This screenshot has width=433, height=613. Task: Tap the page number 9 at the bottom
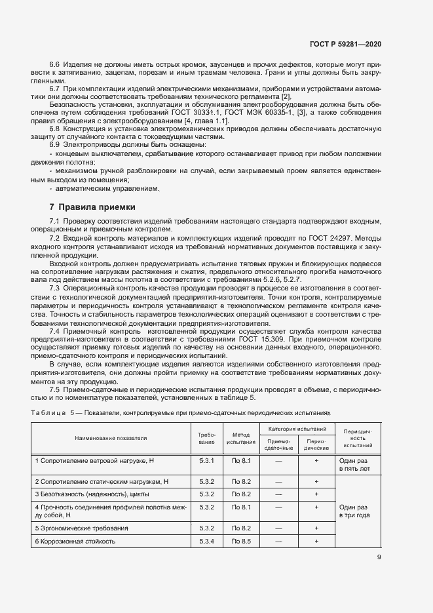[x=379, y=558]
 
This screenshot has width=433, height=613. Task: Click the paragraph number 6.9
[x=56, y=144]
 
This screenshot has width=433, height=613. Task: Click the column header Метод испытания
[x=241, y=438]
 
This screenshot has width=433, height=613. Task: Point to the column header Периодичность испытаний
[x=357, y=438]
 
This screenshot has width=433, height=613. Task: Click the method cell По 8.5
[x=241, y=542]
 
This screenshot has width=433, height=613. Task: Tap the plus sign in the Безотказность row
[x=316, y=494]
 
